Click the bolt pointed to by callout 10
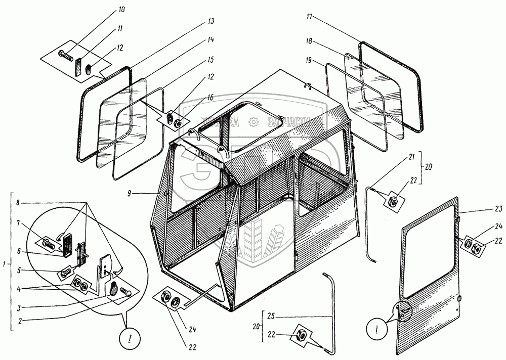click(64, 52)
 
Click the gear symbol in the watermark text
click(252, 122)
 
